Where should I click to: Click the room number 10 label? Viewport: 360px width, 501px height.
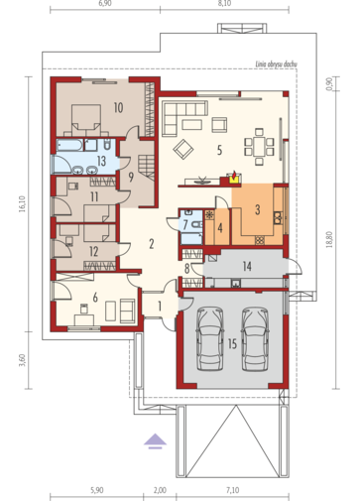click(118, 107)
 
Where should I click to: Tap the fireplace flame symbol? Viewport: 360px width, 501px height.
click(234, 176)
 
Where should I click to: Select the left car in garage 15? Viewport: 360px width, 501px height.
click(210, 338)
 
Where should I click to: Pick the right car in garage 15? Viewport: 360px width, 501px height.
click(255, 338)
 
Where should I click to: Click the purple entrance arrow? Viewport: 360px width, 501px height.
click(155, 441)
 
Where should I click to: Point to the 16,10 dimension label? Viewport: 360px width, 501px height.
click(22, 203)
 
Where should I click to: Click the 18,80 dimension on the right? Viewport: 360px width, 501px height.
click(329, 240)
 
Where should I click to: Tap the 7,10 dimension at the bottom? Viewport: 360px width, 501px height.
click(233, 490)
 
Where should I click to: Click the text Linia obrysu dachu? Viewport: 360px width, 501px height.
click(277, 63)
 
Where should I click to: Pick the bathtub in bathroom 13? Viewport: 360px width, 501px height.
click(70, 145)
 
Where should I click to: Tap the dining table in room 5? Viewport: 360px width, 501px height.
click(259, 147)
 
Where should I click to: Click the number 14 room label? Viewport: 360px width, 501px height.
click(247, 266)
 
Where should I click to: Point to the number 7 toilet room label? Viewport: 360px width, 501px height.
click(185, 224)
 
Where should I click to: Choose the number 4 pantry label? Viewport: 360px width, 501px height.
click(220, 228)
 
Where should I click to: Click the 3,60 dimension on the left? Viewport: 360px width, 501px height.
click(22, 360)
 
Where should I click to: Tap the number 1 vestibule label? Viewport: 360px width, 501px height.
click(160, 307)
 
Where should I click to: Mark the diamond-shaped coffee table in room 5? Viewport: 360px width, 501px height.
click(183, 149)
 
